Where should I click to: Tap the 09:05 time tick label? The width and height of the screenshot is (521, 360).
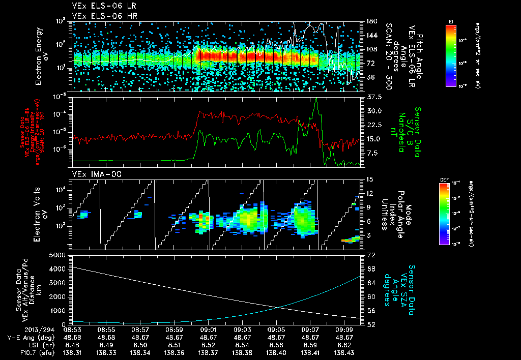[276, 329]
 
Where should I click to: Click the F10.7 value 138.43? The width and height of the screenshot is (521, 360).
[344, 352]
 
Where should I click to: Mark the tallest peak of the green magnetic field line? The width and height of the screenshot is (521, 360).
[316, 99]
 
